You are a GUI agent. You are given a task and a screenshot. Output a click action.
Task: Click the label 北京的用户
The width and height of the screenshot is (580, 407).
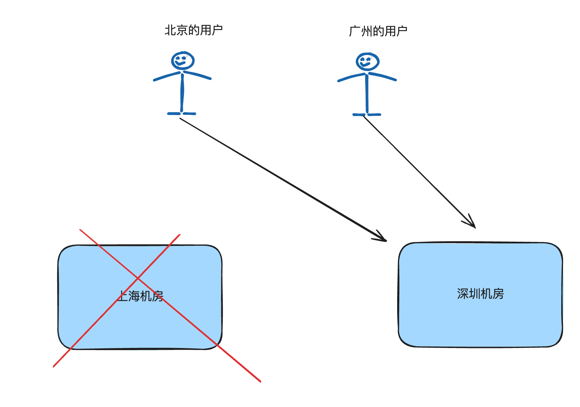(193, 30)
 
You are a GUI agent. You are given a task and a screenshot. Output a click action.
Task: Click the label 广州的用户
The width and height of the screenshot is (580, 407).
(378, 31)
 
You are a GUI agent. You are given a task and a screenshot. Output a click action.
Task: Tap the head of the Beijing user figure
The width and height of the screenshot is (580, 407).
(183, 60)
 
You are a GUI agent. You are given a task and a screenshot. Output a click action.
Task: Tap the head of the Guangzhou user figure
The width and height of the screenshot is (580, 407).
(367, 62)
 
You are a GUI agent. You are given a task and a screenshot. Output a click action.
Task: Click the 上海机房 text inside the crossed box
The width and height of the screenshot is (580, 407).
(140, 296)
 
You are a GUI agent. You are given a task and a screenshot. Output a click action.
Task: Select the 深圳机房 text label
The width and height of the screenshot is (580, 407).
(480, 294)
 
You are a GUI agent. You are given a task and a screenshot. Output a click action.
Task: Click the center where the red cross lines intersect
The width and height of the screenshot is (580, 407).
(138, 279)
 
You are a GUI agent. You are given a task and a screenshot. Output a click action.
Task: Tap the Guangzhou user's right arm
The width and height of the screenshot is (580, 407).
(383, 76)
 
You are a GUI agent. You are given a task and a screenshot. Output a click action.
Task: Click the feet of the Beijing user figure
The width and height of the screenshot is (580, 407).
(181, 113)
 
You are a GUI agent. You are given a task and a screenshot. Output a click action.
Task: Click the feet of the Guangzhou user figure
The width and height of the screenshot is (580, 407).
(367, 114)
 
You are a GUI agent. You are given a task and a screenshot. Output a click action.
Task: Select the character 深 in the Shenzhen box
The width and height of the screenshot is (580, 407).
(463, 294)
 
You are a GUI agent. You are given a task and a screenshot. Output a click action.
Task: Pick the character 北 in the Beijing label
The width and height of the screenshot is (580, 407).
(170, 30)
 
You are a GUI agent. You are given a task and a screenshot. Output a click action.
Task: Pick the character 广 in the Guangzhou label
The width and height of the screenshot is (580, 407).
(355, 31)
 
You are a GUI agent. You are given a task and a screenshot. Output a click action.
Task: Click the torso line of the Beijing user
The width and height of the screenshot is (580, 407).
(182, 94)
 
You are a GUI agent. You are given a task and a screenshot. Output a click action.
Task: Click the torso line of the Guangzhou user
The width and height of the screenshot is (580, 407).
(367, 95)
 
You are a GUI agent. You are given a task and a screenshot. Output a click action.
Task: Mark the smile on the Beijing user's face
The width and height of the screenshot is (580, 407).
(181, 64)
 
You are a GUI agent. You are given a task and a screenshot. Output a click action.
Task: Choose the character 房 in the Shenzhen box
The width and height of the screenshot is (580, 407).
(498, 294)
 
